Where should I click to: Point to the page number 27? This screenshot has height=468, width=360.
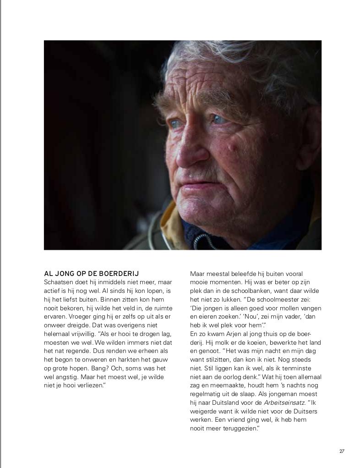pyautogui.click(x=342, y=451)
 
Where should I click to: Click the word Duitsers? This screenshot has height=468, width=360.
pyautogui.click(x=304, y=411)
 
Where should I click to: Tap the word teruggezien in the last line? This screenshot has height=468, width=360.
pyautogui.click(x=239, y=428)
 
